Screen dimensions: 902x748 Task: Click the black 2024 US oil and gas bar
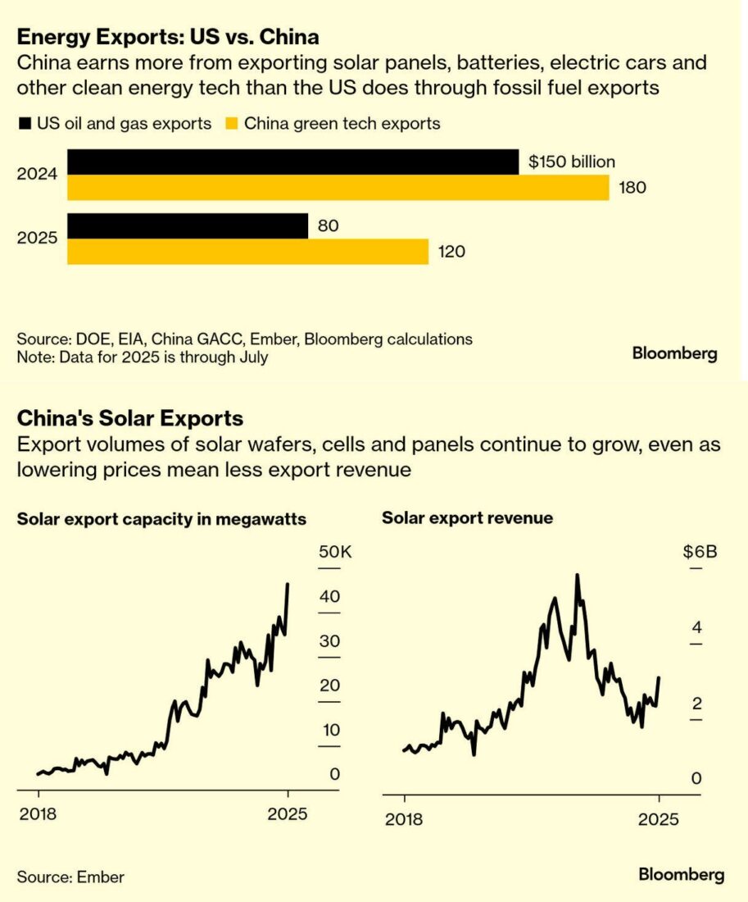pos(292,162)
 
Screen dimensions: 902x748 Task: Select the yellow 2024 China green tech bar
pos(338,188)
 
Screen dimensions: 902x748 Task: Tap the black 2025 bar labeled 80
pos(188,225)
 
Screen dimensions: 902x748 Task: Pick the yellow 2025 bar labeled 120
pos(247,252)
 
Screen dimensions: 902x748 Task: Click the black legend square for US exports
pos(23,124)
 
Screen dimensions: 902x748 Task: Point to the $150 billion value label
pos(572,162)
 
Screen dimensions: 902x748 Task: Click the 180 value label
pos(632,188)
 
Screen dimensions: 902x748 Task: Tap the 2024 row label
pos(37,175)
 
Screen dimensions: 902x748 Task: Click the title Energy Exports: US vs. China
pos(168,37)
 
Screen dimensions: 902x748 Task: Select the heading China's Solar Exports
pos(130,419)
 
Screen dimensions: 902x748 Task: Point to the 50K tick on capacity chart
pos(334,552)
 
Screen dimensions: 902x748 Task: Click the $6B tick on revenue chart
pos(700,552)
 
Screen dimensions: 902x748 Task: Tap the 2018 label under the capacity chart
pos(39,814)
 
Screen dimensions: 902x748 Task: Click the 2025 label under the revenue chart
pos(659,818)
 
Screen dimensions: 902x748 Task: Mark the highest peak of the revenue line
pos(578,576)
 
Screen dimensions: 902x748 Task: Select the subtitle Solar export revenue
pos(467,518)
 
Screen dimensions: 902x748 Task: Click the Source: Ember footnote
pos(70,877)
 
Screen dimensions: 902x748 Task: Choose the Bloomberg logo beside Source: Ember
pos(682,875)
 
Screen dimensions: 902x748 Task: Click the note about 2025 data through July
pos(143,358)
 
